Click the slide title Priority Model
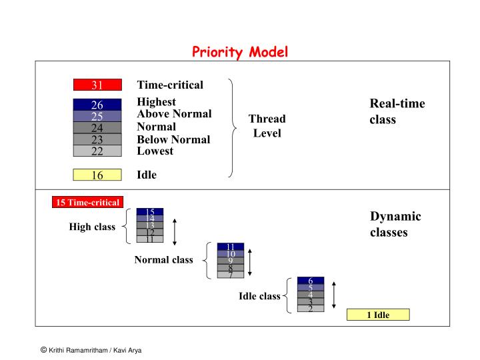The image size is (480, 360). (240, 52)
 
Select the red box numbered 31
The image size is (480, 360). (97, 85)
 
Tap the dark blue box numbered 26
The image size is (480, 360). (97, 105)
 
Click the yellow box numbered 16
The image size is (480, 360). (97, 175)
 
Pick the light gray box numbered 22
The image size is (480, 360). (97, 151)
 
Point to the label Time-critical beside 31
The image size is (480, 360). (170, 85)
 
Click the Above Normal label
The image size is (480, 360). (174, 114)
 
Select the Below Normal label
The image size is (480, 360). (173, 139)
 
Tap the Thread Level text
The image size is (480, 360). (267, 126)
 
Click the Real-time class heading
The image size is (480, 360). (397, 111)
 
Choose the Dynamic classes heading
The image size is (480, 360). (395, 225)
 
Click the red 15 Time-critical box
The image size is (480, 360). (87, 203)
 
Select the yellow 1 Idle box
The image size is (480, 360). (377, 315)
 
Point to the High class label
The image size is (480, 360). (92, 227)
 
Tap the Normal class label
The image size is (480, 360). (163, 260)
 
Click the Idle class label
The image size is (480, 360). (259, 296)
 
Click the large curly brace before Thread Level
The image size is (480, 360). (231, 128)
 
